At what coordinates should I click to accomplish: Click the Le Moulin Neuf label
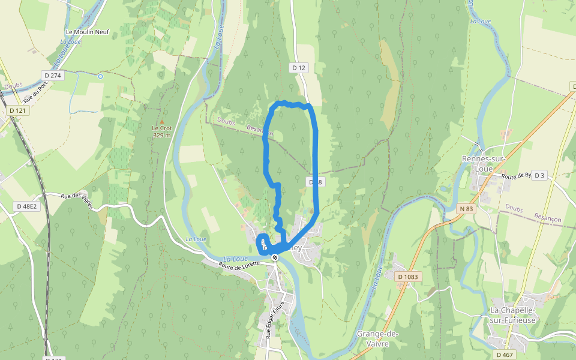pos(88,32)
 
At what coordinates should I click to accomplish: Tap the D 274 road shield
pos(53,75)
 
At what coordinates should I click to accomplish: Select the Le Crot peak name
pos(162,128)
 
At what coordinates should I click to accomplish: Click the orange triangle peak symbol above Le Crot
pos(161,121)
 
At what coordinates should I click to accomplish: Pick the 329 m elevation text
pos(162,135)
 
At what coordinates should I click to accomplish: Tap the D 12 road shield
pos(299,68)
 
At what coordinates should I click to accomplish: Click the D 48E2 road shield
pos(26,206)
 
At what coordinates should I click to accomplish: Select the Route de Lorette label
pos(239,264)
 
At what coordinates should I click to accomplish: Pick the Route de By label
pos(517,176)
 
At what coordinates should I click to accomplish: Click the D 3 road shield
pos(540,175)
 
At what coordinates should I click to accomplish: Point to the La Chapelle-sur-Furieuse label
pos(512,315)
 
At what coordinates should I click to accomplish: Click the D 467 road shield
pos(504,355)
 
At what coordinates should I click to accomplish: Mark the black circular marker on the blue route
pos(275,257)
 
